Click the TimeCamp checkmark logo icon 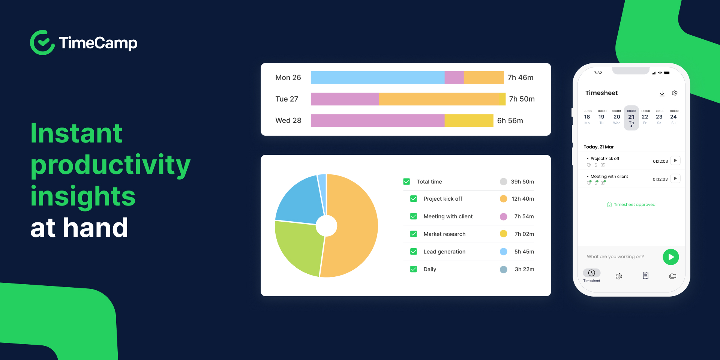click(x=42, y=43)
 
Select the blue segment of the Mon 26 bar click(x=377, y=78)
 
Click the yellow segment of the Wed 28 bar click(x=469, y=121)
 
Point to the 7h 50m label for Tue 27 click(x=522, y=99)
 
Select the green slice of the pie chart click(x=298, y=247)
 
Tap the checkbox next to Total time click(x=406, y=181)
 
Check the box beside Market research click(x=414, y=234)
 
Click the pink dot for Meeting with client click(x=503, y=216)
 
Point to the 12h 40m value click(x=522, y=199)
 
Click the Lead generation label click(x=444, y=252)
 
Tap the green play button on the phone click(x=670, y=257)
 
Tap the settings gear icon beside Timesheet click(x=675, y=93)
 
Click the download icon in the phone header click(x=662, y=93)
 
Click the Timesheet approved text click(x=634, y=205)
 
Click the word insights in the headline click(x=83, y=196)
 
